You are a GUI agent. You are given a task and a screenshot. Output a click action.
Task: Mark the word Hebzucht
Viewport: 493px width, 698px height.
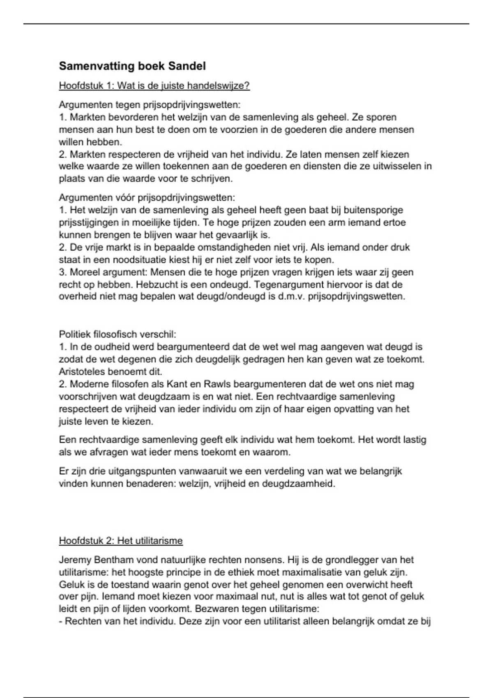(154, 285)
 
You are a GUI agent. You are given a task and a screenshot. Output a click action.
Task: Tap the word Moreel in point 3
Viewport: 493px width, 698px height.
(84, 272)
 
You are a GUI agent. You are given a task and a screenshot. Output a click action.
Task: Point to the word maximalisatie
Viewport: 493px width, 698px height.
(328, 572)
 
